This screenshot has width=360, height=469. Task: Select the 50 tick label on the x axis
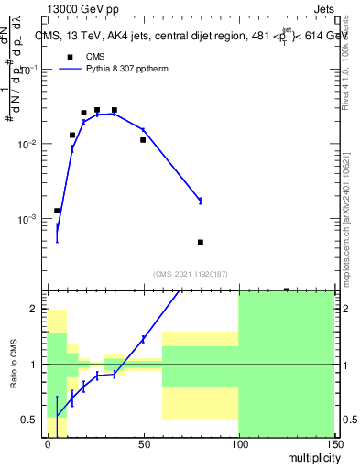click(143, 442)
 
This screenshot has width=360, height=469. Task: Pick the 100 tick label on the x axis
click(238, 442)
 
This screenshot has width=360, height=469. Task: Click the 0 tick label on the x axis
click(48, 442)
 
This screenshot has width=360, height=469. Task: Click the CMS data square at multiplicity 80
click(200, 242)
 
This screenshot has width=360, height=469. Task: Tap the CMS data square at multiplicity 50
click(143, 140)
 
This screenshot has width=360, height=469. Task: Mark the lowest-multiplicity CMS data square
click(57, 211)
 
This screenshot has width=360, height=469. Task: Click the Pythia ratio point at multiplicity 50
click(143, 339)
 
